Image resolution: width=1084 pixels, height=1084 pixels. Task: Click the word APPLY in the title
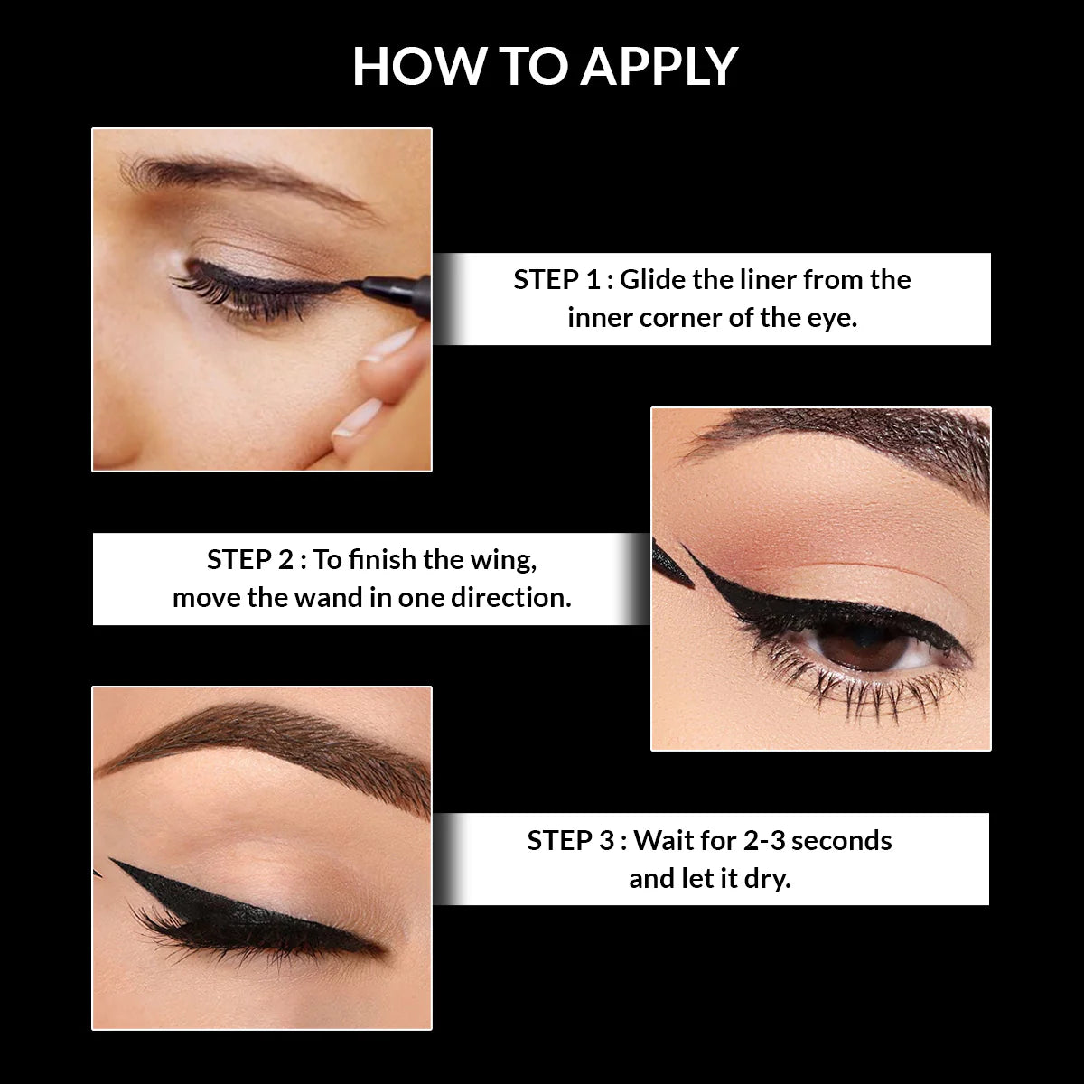(660, 66)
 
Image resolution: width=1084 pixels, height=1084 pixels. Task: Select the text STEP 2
(249, 560)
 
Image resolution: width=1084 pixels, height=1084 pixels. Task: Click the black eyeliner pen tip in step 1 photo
(354, 285)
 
